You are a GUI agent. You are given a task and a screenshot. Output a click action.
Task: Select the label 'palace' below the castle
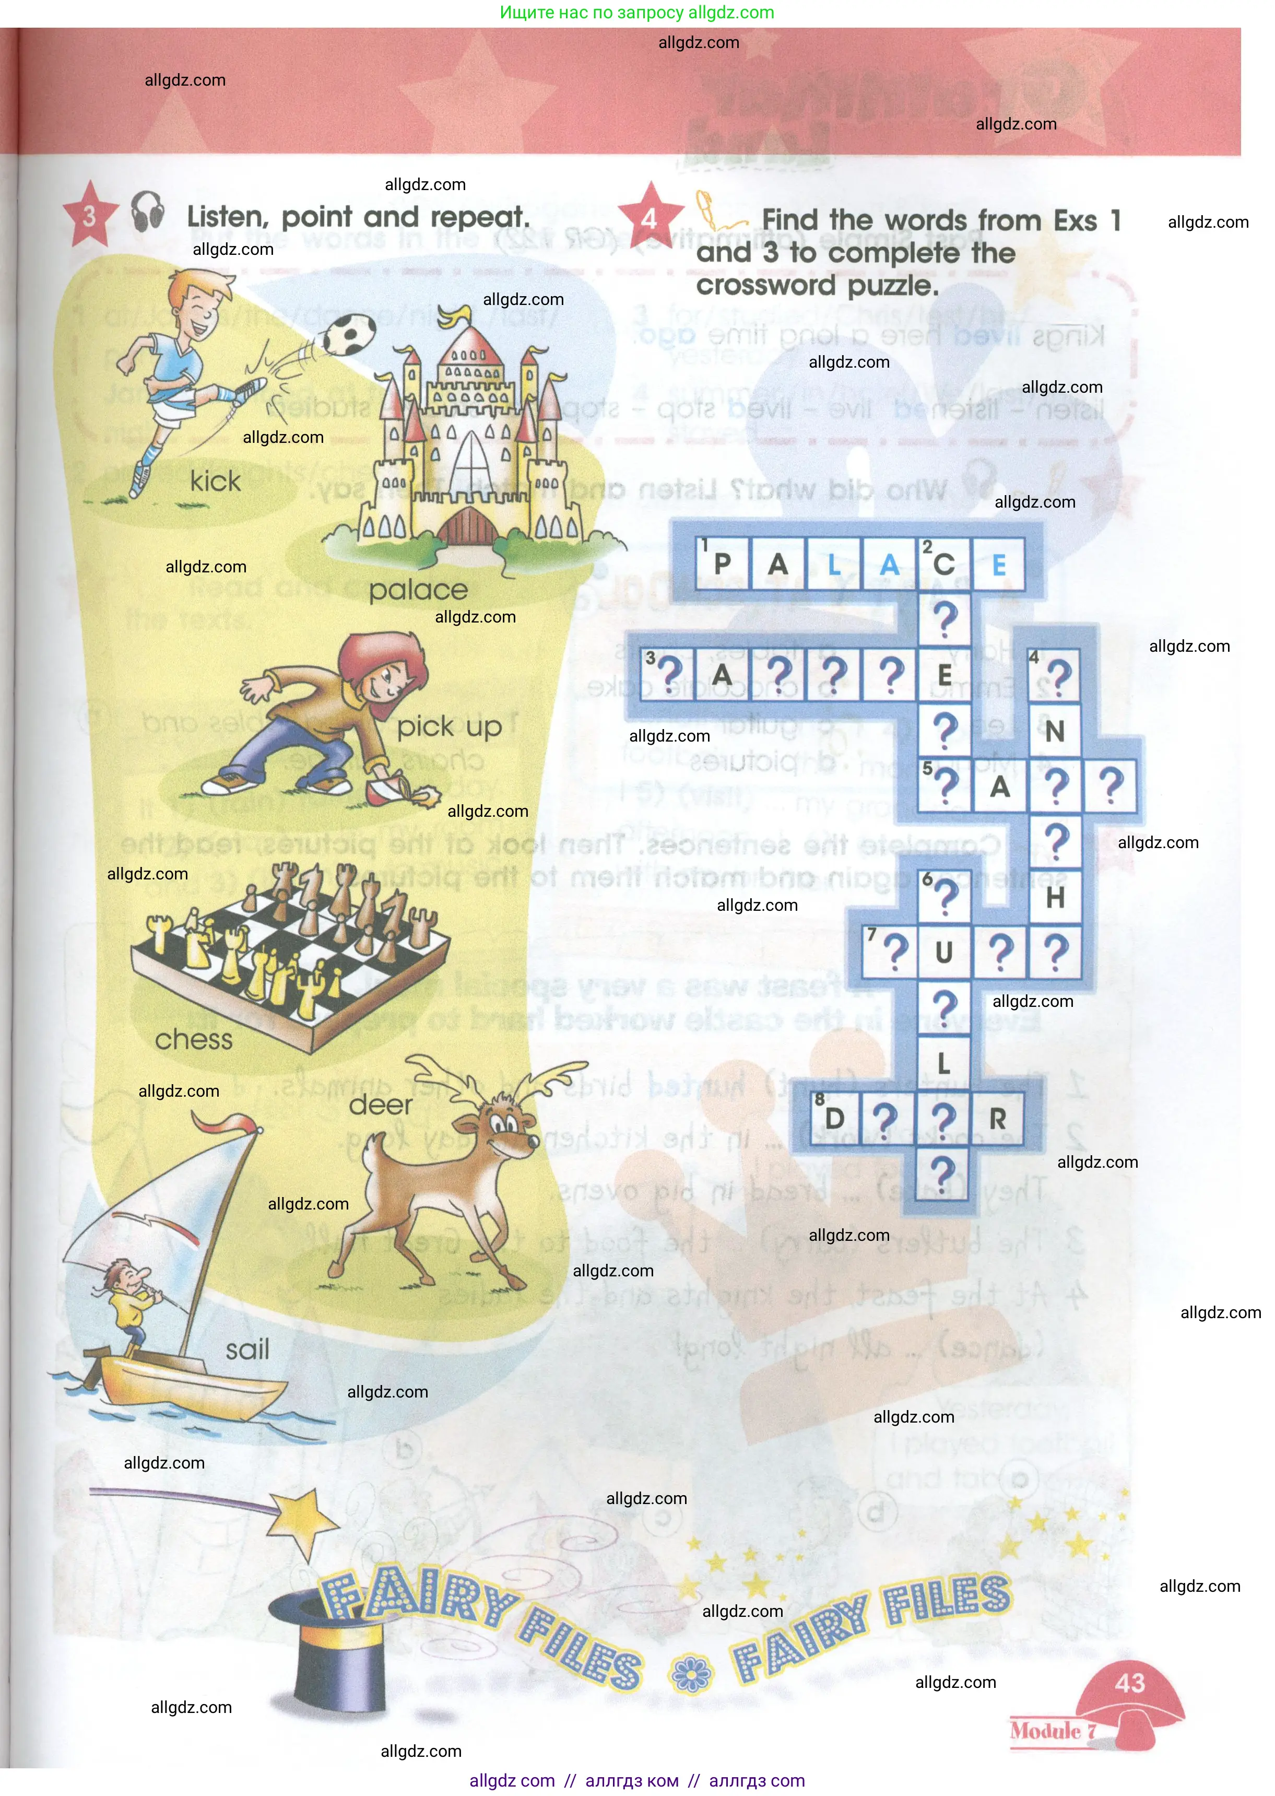[x=418, y=590]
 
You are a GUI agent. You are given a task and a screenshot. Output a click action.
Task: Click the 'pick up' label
[x=448, y=727]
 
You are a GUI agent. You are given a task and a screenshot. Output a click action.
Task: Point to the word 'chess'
[x=194, y=1040]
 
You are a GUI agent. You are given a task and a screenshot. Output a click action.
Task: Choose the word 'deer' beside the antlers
[x=380, y=1105]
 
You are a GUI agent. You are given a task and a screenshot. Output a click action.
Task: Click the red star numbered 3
[x=89, y=215]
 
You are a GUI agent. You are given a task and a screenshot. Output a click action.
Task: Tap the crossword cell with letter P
[x=722, y=564]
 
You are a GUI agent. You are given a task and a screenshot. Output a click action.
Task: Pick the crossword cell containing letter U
[x=943, y=953]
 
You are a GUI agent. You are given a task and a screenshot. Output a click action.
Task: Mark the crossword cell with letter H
[x=1055, y=897]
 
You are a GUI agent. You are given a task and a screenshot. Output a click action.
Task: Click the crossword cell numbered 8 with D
[x=834, y=1118]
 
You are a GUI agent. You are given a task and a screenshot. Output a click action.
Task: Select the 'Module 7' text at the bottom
[x=1053, y=1730]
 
